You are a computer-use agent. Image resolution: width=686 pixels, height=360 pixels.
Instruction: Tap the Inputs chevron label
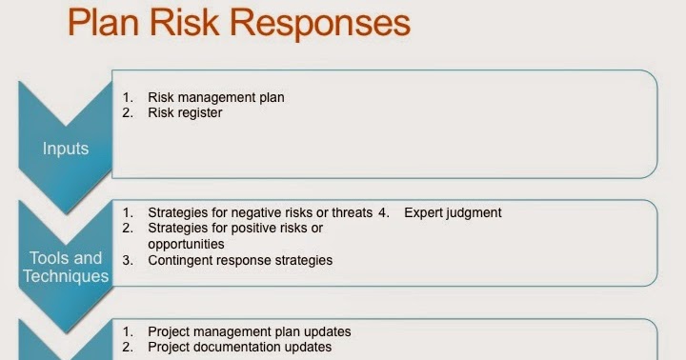[66, 149]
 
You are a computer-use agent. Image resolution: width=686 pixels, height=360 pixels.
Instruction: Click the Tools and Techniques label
[66, 267]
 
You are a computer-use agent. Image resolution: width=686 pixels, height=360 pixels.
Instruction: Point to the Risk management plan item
[216, 97]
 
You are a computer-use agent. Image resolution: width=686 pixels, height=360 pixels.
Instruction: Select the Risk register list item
[185, 112]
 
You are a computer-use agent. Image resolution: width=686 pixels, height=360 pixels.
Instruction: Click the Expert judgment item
[453, 212]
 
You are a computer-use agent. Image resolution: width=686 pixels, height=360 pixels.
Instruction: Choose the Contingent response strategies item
[240, 260]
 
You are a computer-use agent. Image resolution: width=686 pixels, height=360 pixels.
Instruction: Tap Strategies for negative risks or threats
[259, 212]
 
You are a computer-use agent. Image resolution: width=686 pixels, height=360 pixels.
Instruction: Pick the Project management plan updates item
[250, 331]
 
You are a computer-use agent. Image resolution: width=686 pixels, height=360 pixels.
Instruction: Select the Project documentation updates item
[239, 348]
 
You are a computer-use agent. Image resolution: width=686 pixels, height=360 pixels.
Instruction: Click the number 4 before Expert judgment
[383, 212]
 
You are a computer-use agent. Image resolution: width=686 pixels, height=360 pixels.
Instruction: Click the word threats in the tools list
[352, 212]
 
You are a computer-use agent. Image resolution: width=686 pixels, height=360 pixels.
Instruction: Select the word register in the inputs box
[201, 112]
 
